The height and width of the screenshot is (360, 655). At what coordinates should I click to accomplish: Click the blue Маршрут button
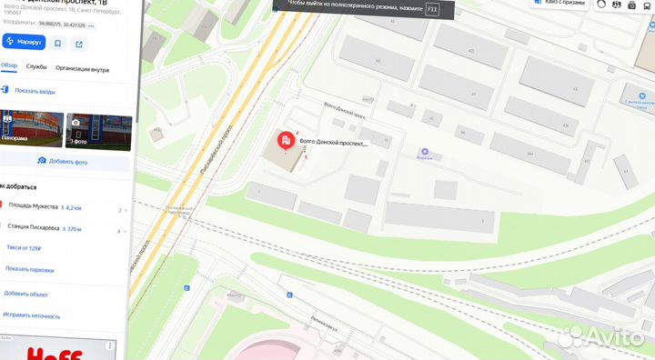click(23, 43)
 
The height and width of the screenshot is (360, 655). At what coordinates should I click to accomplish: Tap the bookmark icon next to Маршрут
click(57, 43)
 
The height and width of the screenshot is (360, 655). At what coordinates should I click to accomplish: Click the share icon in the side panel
click(79, 43)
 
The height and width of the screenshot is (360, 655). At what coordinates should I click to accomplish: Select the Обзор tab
click(9, 66)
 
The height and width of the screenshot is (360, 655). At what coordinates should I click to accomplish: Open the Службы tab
click(36, 66)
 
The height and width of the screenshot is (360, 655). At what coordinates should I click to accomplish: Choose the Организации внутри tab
click(82, 67)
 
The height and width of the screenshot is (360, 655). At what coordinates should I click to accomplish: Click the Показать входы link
click(34, 91)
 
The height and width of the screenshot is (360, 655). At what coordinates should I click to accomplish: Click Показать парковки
click(29, 269)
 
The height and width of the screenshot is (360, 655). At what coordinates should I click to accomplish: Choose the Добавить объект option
click(25, 293)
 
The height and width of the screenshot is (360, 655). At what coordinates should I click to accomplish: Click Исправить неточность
click(32, 315)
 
